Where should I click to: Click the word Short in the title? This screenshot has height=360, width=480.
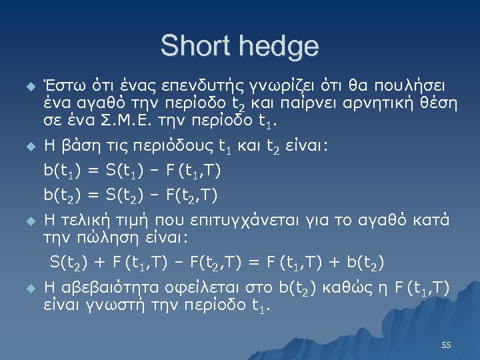pos(195,46)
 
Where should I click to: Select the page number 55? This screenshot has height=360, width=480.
pos(447,345)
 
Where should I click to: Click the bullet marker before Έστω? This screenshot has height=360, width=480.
pos(27,87)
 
